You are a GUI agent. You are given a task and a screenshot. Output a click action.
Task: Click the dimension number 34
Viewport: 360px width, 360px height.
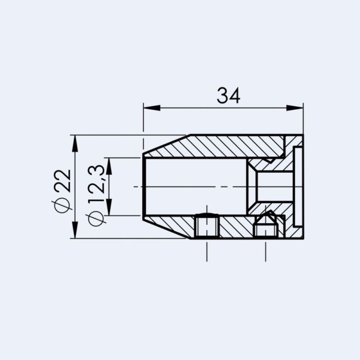[x=229, y=95]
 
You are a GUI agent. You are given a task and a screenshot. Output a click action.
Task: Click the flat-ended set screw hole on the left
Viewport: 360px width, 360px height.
[x=207, y=226]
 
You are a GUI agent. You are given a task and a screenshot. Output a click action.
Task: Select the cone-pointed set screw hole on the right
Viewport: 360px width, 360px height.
[x=265, y=227]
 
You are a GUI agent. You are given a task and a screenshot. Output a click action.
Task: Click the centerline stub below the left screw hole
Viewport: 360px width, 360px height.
[x=207, y=252]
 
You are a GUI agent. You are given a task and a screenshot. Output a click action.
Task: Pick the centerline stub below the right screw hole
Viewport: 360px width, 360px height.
[x=265, y=252]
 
